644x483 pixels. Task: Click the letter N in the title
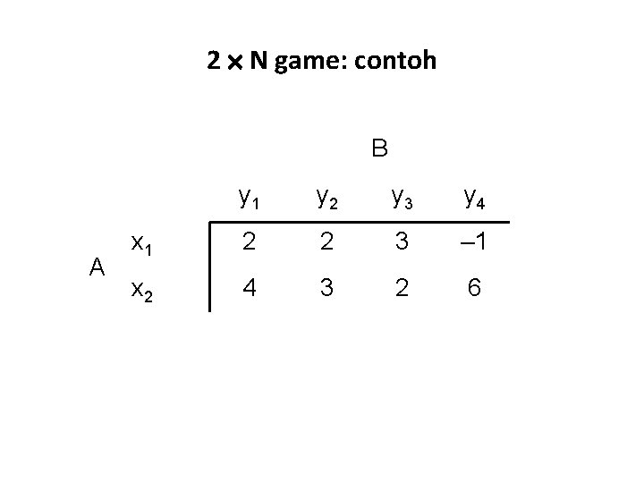(x=258, y=62)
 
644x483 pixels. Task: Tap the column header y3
(x=400, y=197)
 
